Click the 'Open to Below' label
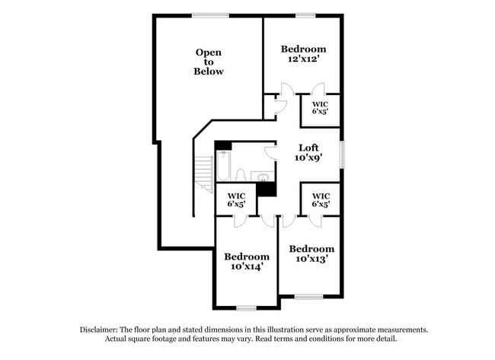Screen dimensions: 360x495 pyautogui.click(x=209, y=62)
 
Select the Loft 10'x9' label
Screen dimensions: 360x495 pyautogui.click(x=308, y=153)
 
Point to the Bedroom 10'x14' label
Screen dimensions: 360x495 pyautogui.click(x=246, y=261)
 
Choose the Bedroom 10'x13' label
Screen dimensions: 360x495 pyautogui.click(x=311, y=253)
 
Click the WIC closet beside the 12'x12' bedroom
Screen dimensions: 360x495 pyautogui.click(x=320, y=107)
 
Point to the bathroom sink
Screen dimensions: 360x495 pyautogui.click(x=263, y=177)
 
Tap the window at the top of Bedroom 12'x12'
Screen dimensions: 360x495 pyautogui.click(x=305, y=15)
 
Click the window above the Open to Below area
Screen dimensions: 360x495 pyautogui.click(x=209, y=15)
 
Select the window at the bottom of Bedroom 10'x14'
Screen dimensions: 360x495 pyautogui.click(x=246, y=307)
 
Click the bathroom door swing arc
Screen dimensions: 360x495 pyautogui.click(x=269, y=153)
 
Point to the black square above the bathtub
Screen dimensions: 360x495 pyautogui.click(x=222, y=145)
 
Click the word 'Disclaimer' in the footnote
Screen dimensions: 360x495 pyautogui.click(x=102, y=330)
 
